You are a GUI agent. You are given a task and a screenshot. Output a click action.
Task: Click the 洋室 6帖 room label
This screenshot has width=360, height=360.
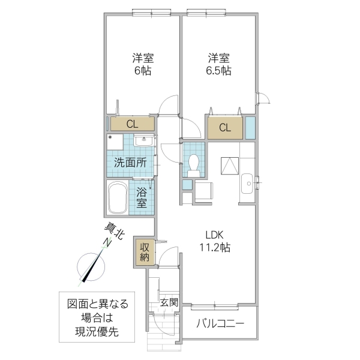[143, 64]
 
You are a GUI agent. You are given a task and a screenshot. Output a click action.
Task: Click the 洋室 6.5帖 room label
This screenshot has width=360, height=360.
[220, 64]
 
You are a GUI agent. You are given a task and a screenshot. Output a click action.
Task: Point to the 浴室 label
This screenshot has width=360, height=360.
[142, 197]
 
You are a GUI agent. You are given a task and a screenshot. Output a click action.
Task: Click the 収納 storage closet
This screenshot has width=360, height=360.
[145, 251]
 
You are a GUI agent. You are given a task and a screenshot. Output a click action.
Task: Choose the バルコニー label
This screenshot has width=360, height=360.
[220, 324]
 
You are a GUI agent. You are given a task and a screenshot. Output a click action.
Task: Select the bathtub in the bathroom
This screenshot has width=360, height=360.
[117, 199]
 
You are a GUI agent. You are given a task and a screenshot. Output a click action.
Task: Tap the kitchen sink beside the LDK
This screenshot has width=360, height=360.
[247, 184]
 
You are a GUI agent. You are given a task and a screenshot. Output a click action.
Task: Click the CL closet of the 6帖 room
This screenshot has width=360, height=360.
[132, 124]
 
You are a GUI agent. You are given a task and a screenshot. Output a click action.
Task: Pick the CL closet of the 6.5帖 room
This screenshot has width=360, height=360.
[225, 127]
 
